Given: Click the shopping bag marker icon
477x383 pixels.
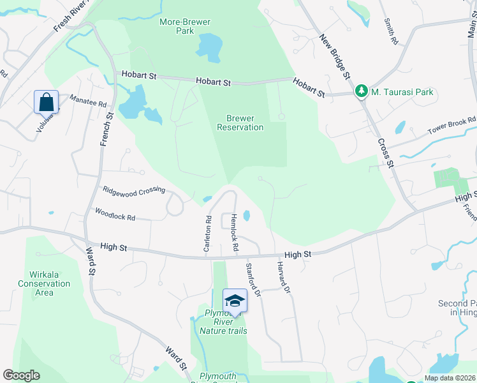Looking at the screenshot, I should tap(47, 101).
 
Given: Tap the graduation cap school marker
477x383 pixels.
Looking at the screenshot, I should tap(235, 301).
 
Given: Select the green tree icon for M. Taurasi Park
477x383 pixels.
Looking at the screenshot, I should tap(362, 92).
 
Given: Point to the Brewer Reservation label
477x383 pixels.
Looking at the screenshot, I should tap(240, 123).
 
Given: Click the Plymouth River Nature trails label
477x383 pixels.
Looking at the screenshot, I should tap(223, 322).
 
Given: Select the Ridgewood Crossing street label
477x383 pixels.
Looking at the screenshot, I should tap(134, 190).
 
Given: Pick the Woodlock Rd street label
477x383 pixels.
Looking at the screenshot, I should tap(115, 214).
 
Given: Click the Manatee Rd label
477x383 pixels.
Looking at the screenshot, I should tap(88, 100).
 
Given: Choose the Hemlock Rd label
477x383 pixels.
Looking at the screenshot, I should tap(235, 232).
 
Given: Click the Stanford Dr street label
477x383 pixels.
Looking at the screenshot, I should tap(253, 280).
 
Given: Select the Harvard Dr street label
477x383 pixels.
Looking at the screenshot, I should tap(284, 277).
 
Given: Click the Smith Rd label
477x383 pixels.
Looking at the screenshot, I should tap(390, 31).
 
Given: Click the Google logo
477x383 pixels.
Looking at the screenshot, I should tap(21, 375).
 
